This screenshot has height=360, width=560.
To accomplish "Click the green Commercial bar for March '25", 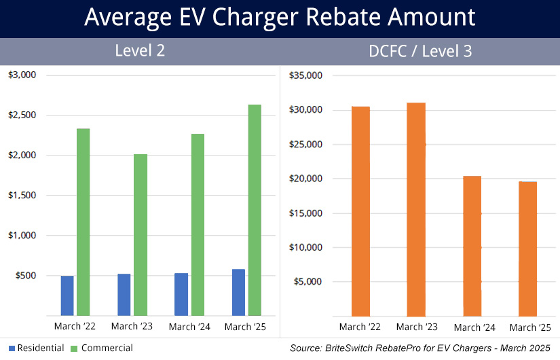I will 255,210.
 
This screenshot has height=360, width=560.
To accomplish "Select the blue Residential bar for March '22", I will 67,295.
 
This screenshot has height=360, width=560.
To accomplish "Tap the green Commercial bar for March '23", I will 141,234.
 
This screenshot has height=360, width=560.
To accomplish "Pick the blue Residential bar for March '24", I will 181,294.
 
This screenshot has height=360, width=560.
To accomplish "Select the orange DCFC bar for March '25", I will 527,249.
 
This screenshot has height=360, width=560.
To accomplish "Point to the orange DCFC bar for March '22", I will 361,211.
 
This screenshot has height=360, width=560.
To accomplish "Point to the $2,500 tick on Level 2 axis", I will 23,115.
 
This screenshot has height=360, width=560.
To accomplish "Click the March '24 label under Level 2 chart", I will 189,327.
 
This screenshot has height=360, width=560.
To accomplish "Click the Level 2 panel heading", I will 140,50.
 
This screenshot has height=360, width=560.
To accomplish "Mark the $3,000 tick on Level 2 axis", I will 23,75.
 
